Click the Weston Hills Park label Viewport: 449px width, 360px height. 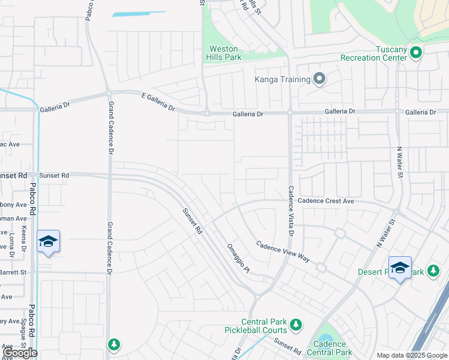223,53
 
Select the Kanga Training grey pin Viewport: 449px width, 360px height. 319,79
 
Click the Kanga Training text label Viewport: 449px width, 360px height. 282,79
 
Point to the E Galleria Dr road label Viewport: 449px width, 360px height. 158,102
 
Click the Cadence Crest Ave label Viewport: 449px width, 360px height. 326,201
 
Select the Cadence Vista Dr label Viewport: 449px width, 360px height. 291,209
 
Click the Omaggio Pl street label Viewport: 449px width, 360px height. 238,259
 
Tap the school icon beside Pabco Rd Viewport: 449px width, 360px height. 48,241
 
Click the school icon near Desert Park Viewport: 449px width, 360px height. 400,268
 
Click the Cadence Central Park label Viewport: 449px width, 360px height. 328,348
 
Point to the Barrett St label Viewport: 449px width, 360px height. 13,272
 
